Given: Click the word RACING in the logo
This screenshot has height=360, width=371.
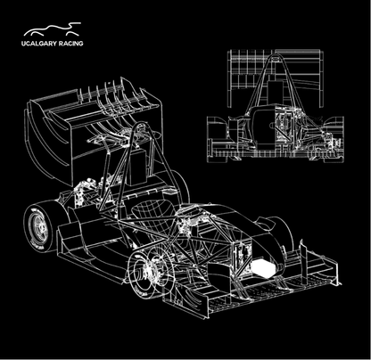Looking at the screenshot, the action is tap(70, 44).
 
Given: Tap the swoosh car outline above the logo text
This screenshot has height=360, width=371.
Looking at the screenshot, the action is tap(52, 29).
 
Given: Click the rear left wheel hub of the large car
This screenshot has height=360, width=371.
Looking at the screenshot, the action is tap(39, 226).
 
